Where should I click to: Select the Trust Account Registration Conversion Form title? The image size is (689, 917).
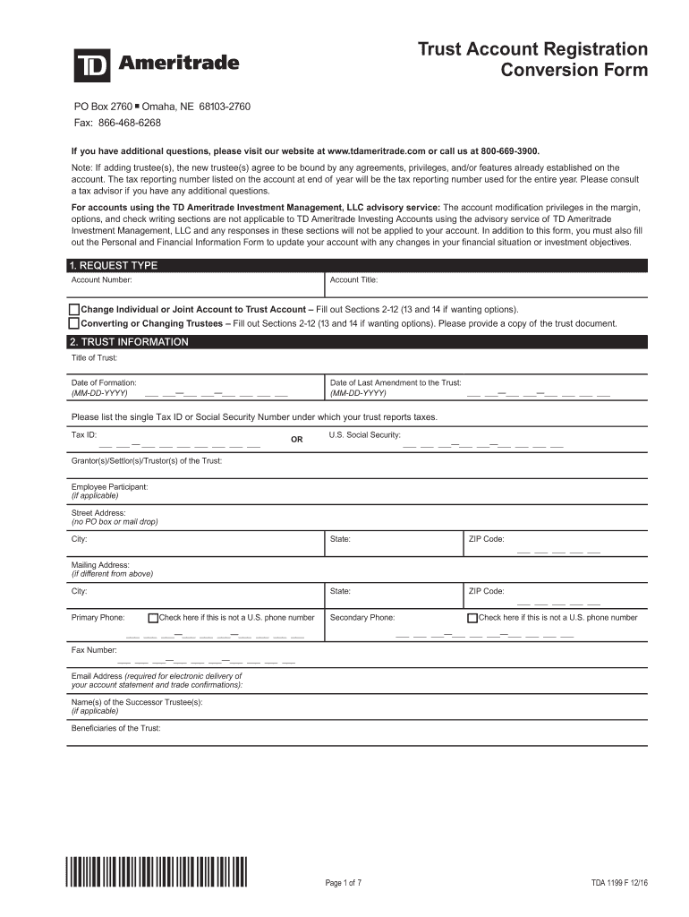pos(533,59)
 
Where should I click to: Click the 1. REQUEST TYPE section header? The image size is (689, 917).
pos(113,266)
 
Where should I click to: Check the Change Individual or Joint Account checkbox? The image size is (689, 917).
pos(74,309)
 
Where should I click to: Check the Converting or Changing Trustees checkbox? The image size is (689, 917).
pos(74,323)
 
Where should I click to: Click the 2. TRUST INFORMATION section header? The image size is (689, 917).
pos(129,342)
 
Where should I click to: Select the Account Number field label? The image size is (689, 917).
pos(102,280)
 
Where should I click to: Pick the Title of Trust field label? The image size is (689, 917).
pos(95,358)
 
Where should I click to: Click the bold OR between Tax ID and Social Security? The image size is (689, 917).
pos(297,440)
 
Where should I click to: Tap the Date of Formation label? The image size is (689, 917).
pos(104,382)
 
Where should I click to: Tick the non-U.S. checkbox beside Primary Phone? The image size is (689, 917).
pos(153,618)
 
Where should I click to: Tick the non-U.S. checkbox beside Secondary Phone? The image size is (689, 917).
pos(472,618)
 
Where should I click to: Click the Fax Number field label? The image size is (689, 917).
pos(94,650)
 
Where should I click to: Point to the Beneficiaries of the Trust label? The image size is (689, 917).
pos(116,728)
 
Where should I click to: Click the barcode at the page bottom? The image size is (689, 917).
pos(157,872)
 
